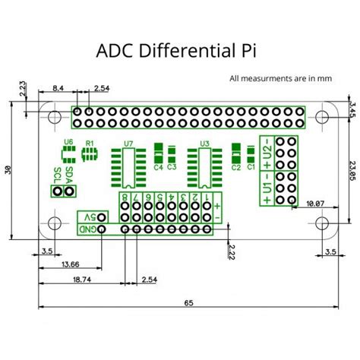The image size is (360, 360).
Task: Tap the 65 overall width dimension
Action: (188, 303)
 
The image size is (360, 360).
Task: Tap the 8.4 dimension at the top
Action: (57, 89)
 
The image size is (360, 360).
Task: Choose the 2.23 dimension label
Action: (24, 89)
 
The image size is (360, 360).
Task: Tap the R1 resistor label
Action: (90, 142)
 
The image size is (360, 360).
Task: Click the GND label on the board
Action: (91, 229)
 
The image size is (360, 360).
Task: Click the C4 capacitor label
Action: (159, 167)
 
